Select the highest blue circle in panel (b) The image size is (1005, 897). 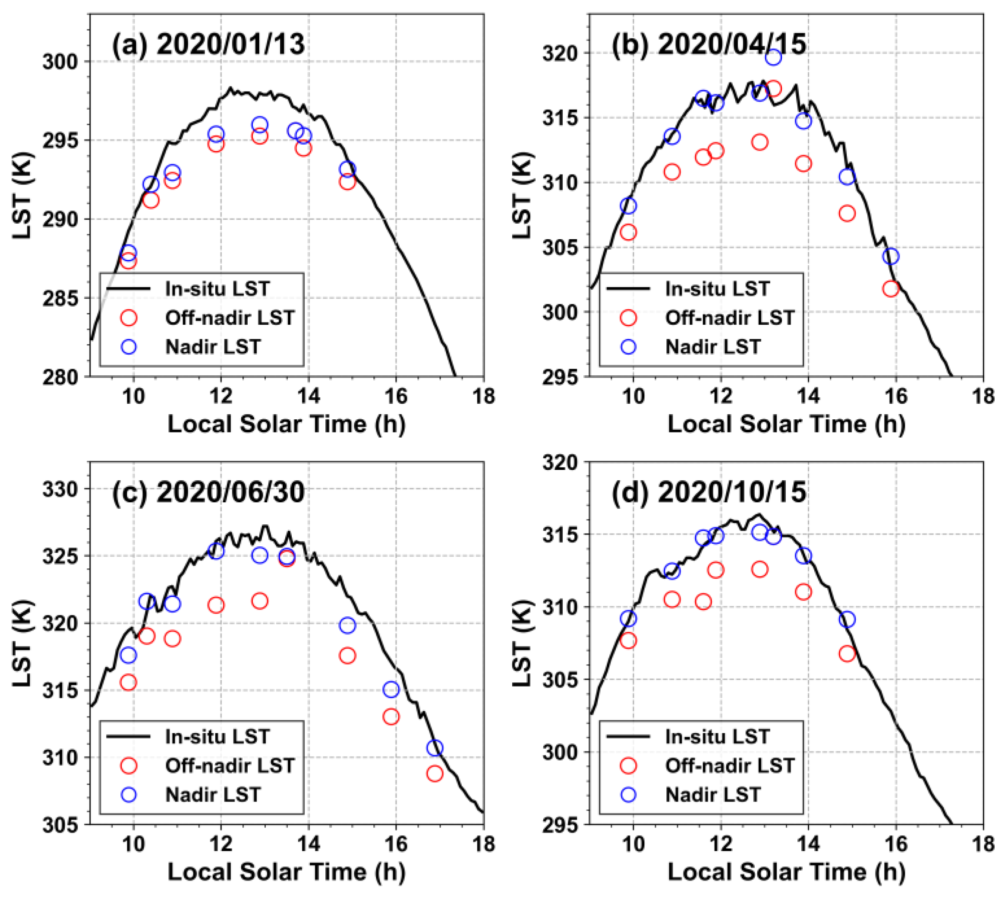click(x=774, y=57)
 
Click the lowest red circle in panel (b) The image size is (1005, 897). click(x=891, y=289)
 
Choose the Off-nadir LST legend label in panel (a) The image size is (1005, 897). click(x=230, y=318)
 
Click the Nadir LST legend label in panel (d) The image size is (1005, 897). click(x=713, y=795)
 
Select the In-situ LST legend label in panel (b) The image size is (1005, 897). click(x=717, y=289)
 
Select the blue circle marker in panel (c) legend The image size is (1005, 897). click(x=129, y=795)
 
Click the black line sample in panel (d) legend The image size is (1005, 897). click(x=628, y=736)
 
